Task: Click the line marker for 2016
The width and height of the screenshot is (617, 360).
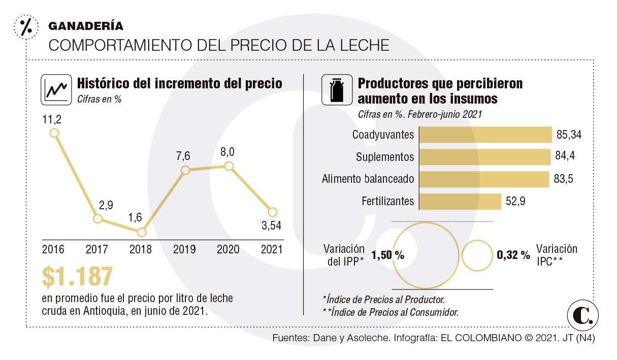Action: [x=54, y=133]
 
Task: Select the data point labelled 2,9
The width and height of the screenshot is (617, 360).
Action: [x=98, y=219]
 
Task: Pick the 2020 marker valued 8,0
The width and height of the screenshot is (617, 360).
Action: [x=229, y=166]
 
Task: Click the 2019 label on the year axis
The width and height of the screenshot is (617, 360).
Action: [x=184, y=249]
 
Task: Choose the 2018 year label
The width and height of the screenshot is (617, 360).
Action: [x=141, y=249]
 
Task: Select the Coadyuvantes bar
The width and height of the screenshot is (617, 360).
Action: [x=486, y=135]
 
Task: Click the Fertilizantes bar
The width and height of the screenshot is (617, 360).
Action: [x=461, y=201]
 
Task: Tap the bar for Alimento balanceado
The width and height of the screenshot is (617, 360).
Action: [x=485, y=179]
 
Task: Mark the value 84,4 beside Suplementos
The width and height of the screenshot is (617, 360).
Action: [x=565, y=157]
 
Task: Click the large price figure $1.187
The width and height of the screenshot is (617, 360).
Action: [x=77, y=277]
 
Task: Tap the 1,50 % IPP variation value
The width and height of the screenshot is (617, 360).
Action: [x=388, y=255]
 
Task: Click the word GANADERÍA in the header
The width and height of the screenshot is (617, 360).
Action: [x=85, y=26]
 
